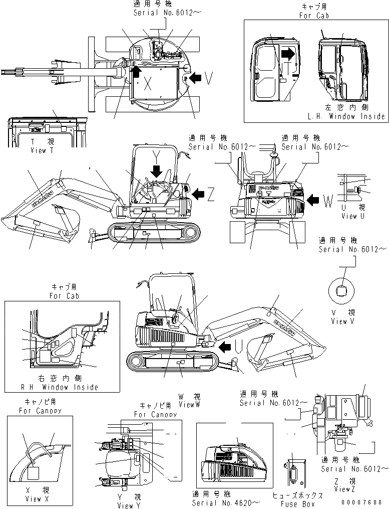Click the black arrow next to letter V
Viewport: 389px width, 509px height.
pos(195,77)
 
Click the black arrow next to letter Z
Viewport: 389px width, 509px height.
pos(199,193)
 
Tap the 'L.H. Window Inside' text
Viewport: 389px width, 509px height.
pos(346,116)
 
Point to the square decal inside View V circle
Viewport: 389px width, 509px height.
pos(342,290)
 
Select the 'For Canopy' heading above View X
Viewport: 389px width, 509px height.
pos(35,411)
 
